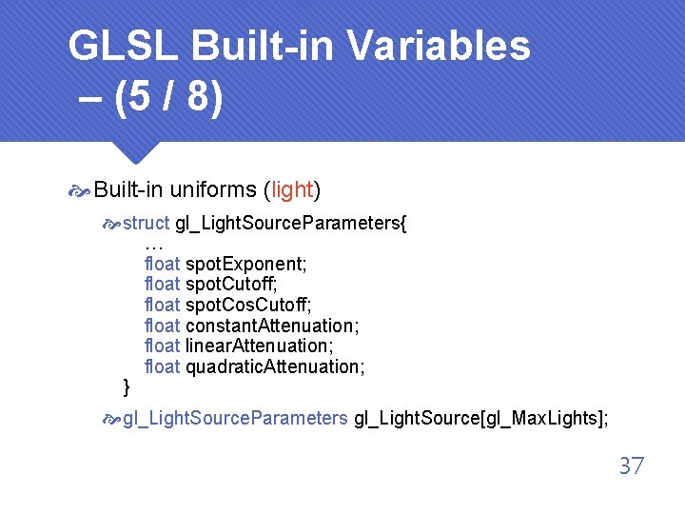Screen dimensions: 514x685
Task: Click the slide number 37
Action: click(632, 465)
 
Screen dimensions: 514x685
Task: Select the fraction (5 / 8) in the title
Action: click(167, 99)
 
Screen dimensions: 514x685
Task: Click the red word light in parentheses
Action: click(292, 189)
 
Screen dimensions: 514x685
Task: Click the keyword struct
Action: click(147, 223)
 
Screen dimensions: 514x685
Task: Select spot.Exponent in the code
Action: click(245, 263)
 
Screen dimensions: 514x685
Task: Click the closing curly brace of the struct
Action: click(127, 386)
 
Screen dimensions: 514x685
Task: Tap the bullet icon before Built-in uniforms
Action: click(80, 191)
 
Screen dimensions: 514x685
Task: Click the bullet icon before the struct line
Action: click(112, 225)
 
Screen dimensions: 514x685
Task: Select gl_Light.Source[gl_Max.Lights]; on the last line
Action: click(480, 418)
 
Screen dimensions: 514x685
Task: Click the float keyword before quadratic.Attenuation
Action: click(162, 366)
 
